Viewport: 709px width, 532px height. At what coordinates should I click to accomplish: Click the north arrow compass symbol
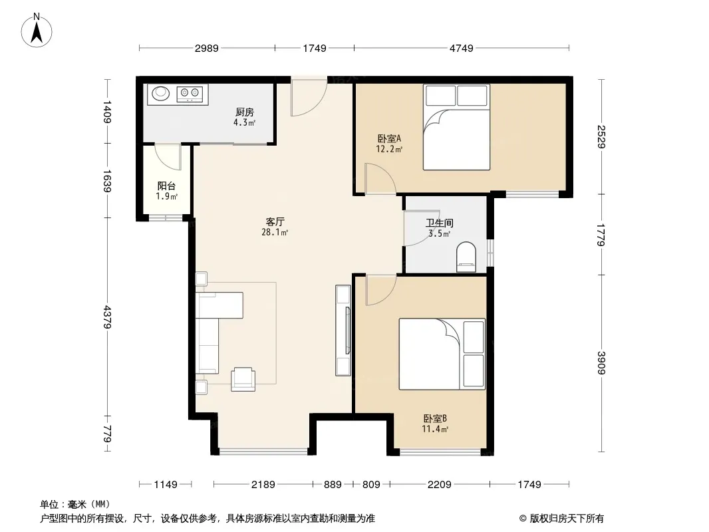point(37,30)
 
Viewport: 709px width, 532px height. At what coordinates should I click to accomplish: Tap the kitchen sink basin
point(160,94)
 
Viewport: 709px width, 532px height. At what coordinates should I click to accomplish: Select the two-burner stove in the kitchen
point(190,94)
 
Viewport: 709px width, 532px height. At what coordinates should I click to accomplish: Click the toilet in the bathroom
point(466,257)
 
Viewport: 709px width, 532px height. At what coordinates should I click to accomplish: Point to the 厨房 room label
point(245,112)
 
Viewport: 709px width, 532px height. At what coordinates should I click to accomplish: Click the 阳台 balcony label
point(166,186)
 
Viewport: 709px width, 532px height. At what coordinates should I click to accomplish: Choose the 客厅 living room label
point(275,222)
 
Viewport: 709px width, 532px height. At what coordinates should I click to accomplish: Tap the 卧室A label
point(389,138)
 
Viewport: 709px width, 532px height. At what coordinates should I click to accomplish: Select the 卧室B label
point(436,418)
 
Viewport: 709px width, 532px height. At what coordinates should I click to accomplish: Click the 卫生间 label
point(439,223)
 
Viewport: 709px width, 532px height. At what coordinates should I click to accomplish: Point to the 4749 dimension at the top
point(461,48)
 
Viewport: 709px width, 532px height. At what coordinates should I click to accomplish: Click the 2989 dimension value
point(207,48)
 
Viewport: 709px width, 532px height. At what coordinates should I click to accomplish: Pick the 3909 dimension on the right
point(601,362)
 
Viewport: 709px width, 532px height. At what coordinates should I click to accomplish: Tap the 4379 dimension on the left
point(107,317)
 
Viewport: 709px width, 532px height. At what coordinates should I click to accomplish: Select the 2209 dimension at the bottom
point(440,485)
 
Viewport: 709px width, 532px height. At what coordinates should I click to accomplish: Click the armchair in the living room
point(243,379)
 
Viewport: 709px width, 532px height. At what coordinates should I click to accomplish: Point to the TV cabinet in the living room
point(343,331)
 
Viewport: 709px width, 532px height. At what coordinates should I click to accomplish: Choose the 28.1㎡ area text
point(275,233)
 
